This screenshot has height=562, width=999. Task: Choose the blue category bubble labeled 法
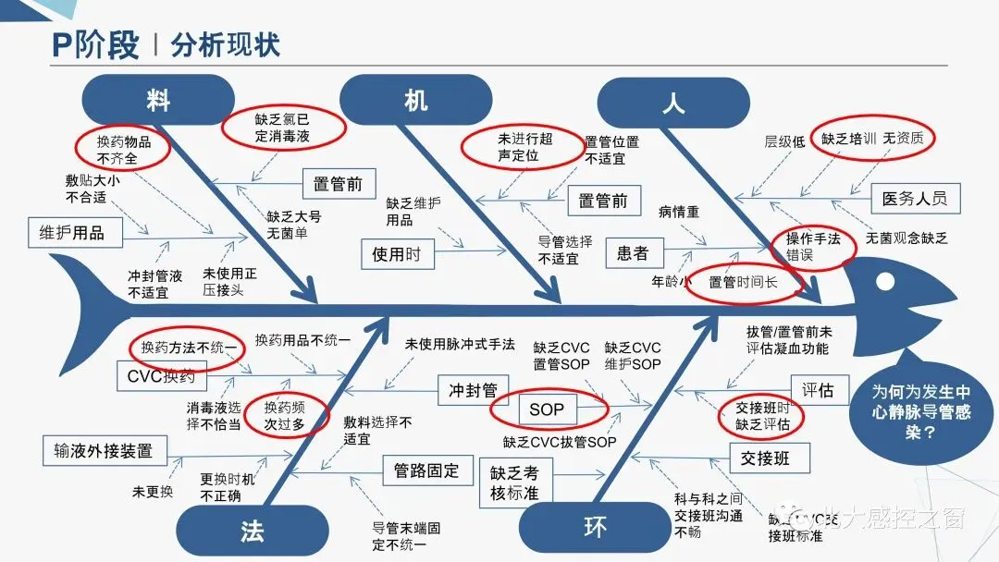[x=252, y=531]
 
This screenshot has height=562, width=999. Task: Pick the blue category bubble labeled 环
[x=595, y=529]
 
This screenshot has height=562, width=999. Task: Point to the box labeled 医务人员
[x=915, y=199]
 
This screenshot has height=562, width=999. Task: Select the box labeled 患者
[x=633, y=252]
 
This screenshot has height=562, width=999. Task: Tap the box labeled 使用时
[x=396, y=253]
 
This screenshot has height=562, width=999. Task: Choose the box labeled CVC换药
[x=162, y=376]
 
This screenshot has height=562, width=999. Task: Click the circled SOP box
[x=548, y=409]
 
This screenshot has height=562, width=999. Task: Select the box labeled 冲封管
[x=474, y=390]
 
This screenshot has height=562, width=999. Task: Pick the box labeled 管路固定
[x=426, y=470]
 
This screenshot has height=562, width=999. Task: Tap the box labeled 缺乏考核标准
[x=515, y=483]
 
